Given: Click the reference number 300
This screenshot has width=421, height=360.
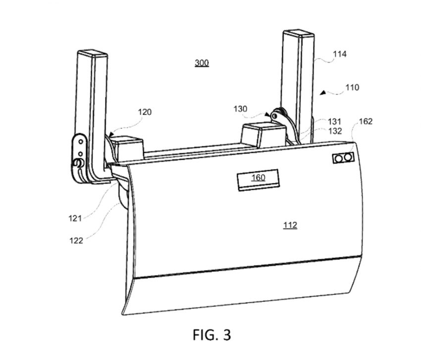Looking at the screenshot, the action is pyautogui.click(x=202, y=63).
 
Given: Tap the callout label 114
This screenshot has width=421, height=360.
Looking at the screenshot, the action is pyautogui.click(x=340, y=54).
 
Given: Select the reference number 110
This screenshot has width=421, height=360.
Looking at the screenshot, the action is pyautogui.click(x=352, y=87).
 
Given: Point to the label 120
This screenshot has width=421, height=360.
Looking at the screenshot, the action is pyautogui.click(x=145, y=112).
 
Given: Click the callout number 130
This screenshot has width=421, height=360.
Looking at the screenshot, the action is pyautogui.click(x=240, y=109).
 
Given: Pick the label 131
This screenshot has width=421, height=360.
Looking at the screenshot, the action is pyautogui.click(x=334, y=121).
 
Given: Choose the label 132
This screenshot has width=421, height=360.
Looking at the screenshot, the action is pyautogui.click(x=335, y=131).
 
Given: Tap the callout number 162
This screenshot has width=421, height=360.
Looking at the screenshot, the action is pyautogui.click(x=366, y=121).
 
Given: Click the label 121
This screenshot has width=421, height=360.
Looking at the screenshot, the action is pyautogui.click(x=75, y=218).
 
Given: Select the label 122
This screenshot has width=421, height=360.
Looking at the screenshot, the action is pyautogui.click(x=76, y=240).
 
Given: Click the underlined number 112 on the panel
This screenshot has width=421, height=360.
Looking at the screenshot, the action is pyautogui.click(x=290, y=225).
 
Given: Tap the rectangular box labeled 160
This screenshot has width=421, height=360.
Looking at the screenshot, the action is pyautogui.click(x=258, y=180).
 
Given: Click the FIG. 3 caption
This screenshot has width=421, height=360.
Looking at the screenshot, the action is pyautogui.click(x=212, y=335).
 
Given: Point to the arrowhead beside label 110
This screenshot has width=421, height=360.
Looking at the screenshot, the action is pyautogui.click(x=323, y=93).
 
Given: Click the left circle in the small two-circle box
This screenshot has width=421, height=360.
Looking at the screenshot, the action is pyautogui.click(x=339, y=159).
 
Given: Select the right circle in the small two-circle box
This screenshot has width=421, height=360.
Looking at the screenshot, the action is pyautogui.click(x=348, y=157).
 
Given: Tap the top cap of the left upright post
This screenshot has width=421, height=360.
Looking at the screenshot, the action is pyautogui.click(x=93, y=53).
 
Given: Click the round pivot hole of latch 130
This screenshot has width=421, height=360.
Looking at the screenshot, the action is pyautogui.click(x=274, y=116).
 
